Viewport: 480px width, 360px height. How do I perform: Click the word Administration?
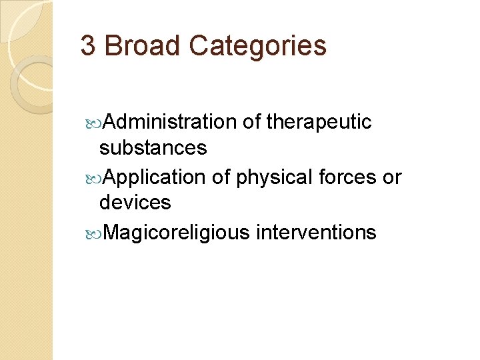click(x=170, y=122)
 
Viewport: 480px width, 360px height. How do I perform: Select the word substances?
click(x=153, y=147)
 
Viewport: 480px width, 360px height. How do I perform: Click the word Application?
click(x=155, y=178)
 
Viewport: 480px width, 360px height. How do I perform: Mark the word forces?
click(x=350, y=177)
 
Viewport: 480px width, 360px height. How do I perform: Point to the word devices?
click(x=135, y=202)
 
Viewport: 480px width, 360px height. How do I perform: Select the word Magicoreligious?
click(x=177, y=233)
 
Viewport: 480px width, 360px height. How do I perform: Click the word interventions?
click(x=316, y=232)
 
